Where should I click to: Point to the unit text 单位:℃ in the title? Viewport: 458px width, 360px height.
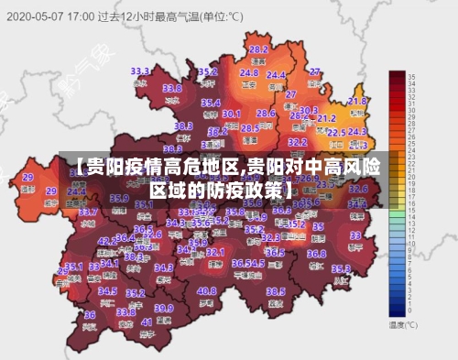click(223, 16)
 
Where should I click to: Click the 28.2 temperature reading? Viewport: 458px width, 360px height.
click(258, 49)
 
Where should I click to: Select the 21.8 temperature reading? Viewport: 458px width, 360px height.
click(357, 101)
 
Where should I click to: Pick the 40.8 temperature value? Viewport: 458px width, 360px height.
click(206, 291)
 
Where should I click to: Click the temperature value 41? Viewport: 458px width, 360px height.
click(147, 322)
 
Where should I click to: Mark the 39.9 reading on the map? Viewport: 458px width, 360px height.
click(163, 308)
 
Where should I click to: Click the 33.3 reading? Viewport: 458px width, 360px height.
click(140, 71)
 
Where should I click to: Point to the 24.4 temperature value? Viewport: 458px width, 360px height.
click(276, 75)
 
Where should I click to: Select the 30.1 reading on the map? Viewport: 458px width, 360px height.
click(231, 114)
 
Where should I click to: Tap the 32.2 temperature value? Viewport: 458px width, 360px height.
click(298, 142)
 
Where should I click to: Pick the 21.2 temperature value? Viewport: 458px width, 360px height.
click(327, 118)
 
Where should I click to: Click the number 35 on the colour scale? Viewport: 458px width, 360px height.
click(412, 76)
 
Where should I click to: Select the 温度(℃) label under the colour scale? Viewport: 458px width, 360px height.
click(403, 324)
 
